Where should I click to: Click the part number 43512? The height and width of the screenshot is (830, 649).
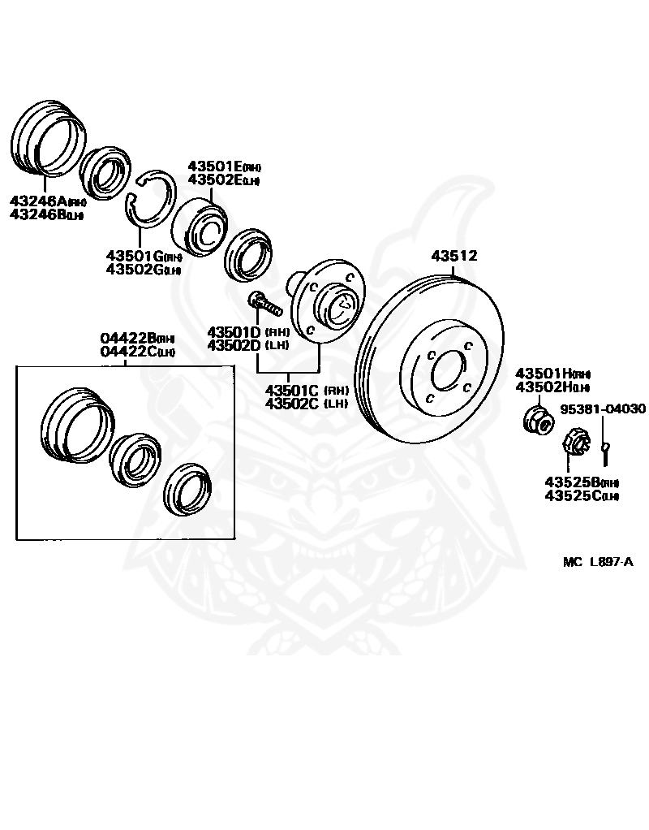[453, 256]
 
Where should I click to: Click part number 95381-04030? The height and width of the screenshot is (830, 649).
[603, 409]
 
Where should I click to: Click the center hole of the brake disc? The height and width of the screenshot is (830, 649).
[446, 374]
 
